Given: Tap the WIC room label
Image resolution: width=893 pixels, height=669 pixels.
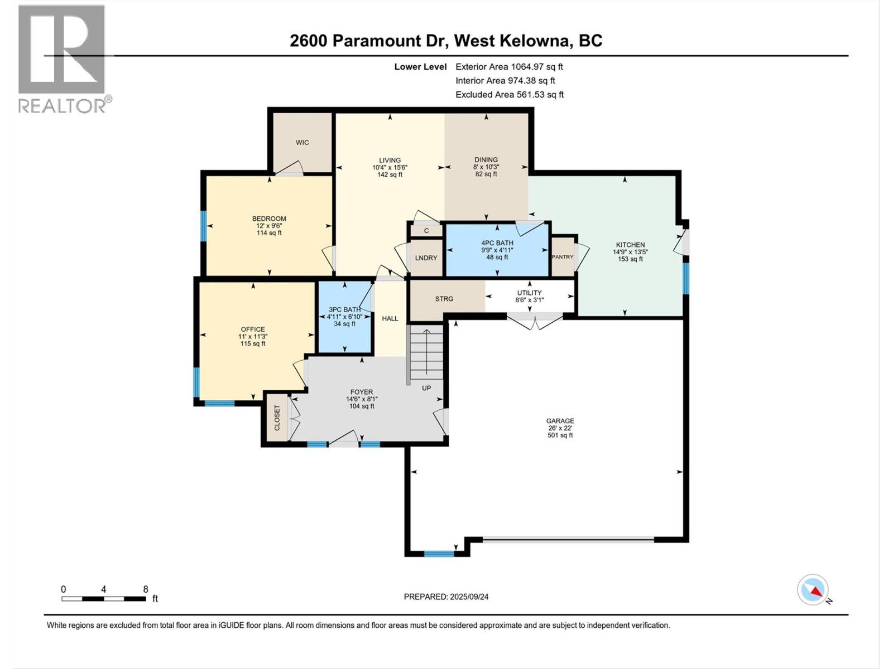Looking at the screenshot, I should (x=302, y=143).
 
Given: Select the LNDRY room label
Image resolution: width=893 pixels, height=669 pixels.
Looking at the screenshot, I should (x=426, y=258).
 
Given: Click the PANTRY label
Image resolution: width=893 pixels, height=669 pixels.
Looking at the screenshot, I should (x=562, y=257).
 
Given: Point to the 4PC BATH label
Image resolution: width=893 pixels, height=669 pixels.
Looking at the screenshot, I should (x=497, y=243).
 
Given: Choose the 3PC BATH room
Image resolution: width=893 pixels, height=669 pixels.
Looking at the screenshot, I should (x=344, y=317).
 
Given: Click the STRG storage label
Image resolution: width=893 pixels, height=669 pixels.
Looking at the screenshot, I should (x=444, y=299).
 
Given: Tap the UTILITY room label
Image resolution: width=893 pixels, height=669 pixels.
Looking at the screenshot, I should (x=529, y=293).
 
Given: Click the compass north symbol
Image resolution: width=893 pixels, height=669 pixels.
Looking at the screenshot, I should (x=813, y=590).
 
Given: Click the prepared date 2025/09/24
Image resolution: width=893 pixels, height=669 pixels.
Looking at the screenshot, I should (x=446, y=597).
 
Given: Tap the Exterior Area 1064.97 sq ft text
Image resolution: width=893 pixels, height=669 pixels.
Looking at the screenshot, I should (x=509, y=66).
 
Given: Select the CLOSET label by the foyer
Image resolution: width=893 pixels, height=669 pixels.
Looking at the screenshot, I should (x=277, y=418).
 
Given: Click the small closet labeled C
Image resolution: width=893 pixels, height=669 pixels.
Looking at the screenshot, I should (x=426, y=230).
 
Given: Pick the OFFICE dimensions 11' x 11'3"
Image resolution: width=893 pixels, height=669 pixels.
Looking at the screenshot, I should (x=253, y=337).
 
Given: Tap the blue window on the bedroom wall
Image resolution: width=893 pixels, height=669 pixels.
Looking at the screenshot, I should (x=204, y=226).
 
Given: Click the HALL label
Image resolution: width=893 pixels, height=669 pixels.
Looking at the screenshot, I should (x=390, y=318).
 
